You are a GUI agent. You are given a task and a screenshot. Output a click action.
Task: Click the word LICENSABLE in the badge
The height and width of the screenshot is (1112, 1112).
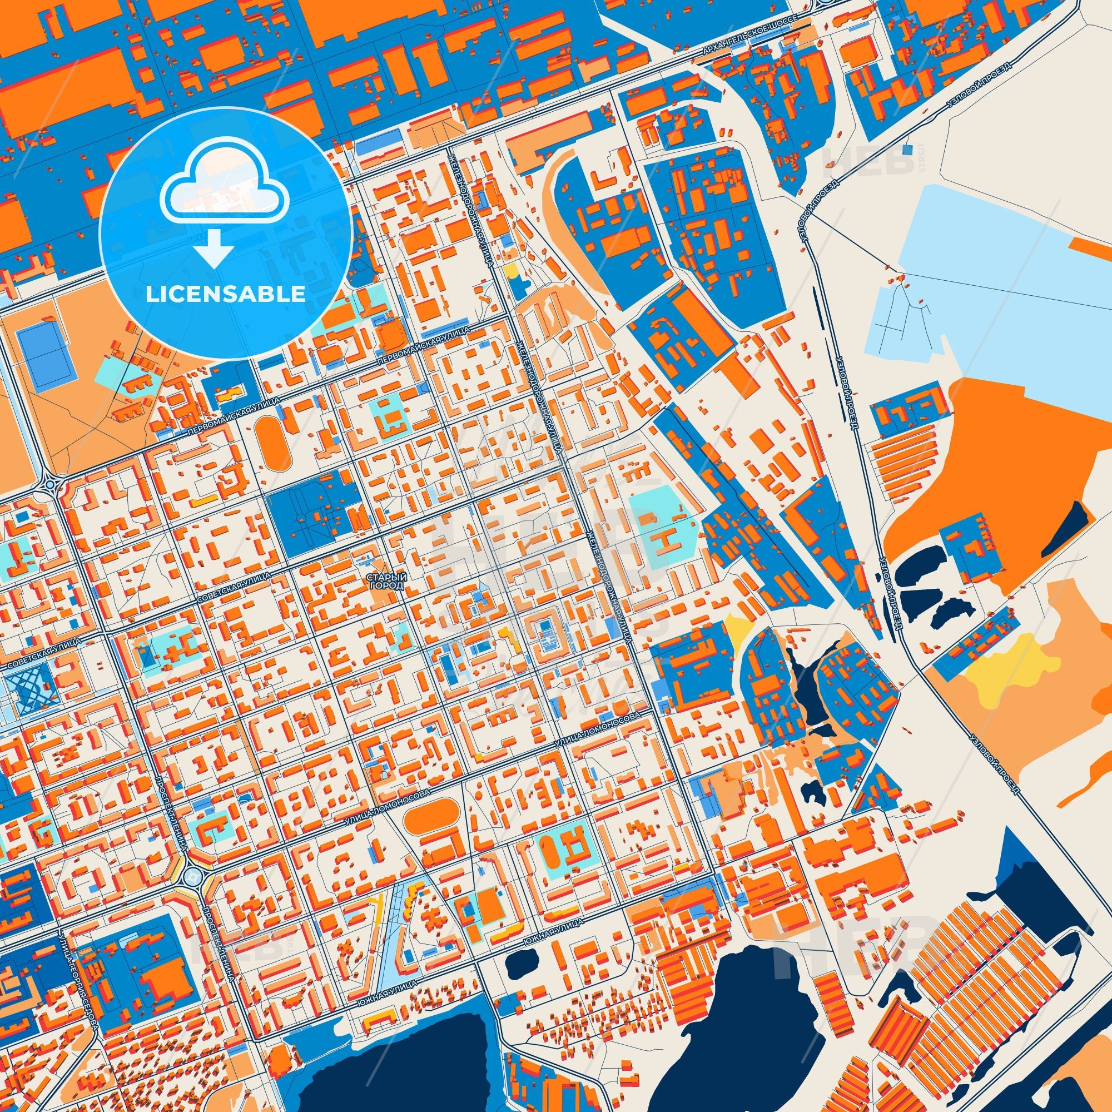[x=226, y=294]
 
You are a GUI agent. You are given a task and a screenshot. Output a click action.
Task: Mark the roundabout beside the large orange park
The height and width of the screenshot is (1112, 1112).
[x=49, y=484]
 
